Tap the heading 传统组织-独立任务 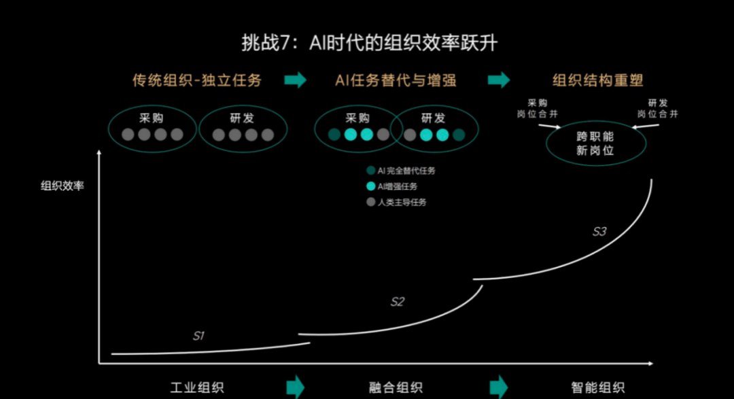click(x=197, y=80)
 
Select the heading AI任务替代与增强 click(x=396, y=80)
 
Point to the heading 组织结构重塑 click(x=598, y=80)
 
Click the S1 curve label click(x=198, y=336)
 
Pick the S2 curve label click(x=398, y=302)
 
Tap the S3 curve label click(x=599, y=232)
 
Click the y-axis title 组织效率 click(x=63, y=186)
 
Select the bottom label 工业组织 click(x=197, y=388)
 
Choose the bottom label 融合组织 click(x=396, y=388)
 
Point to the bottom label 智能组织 click(x=598, y=388)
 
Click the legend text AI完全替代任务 click(x=406, y=171)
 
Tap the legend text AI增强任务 click(x=398, y=186)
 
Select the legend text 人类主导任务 click(x=402, y=202)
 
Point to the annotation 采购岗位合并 click(x=536, y=109)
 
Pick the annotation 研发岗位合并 click(x=657, y=109)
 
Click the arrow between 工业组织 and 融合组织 click(x=296, y=386)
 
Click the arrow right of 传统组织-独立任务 click(x=296, y=80)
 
